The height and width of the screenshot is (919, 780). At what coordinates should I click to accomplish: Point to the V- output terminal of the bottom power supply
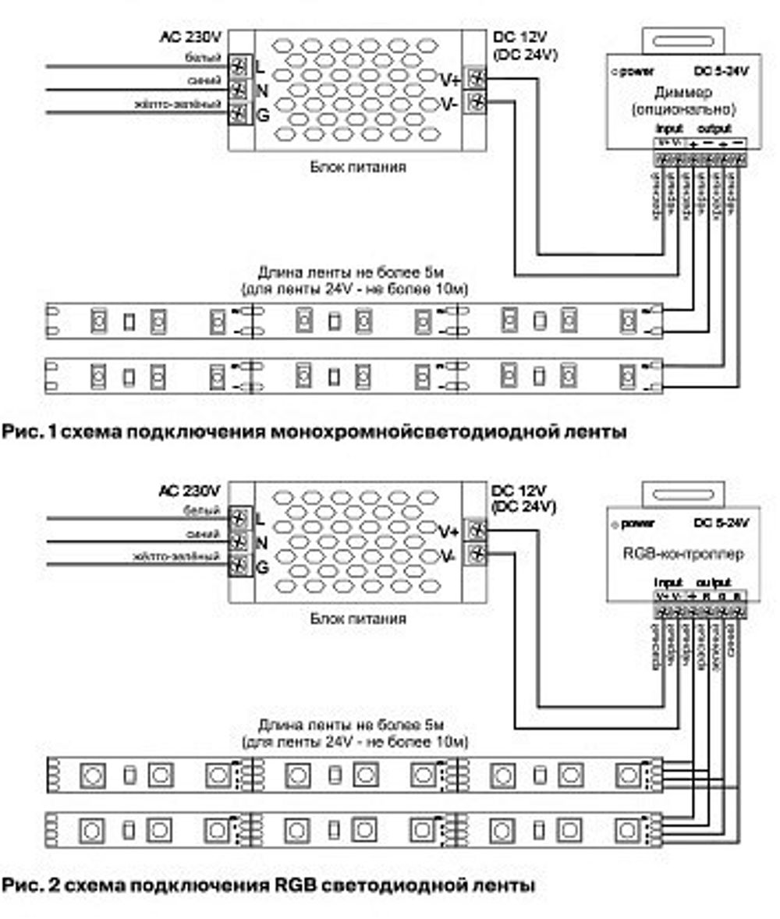coord(475,555)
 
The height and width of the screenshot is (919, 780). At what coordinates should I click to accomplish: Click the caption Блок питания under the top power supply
coord(358,166)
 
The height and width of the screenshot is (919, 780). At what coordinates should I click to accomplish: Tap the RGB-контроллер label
coord(684,553)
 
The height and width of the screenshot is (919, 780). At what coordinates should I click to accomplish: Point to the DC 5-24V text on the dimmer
coord(721,72)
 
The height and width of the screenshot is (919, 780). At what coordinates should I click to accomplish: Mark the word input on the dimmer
coord(669,128)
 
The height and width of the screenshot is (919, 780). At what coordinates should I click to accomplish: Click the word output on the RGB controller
coord(714,582)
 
